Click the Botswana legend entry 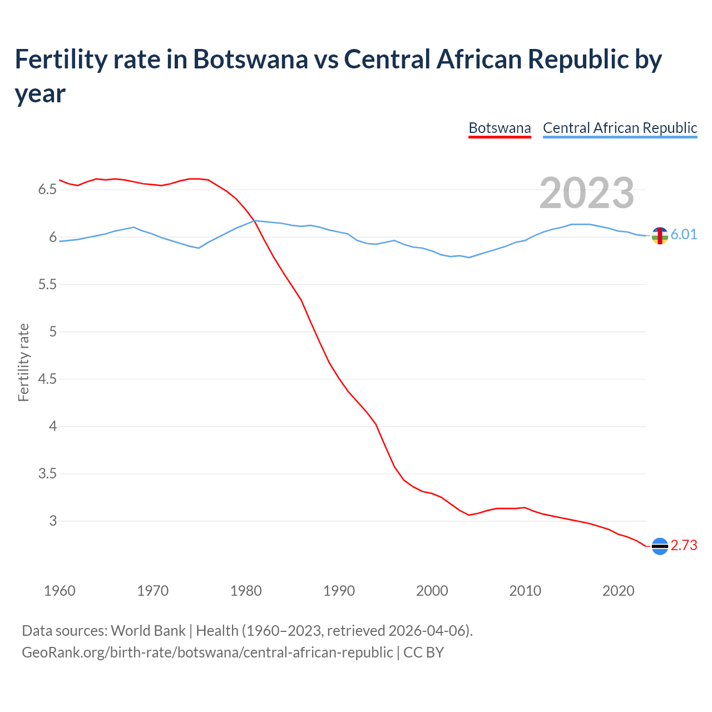point(500,128)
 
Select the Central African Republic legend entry point(620,128)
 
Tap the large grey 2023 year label point(586,193)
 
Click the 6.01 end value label point(684,234)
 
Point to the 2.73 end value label point(684,546)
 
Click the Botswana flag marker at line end point(660,547)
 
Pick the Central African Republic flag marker point(660,236)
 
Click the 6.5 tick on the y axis point(47,190)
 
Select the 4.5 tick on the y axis point(47,379)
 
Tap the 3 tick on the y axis point(53,521)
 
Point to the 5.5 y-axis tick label point(47,285)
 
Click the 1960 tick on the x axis point(60,591)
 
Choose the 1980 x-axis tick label point(246,591)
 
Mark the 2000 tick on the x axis point(432,591)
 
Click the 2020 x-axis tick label point(619,591)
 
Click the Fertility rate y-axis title point(23,362)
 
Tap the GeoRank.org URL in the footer point(207,652)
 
